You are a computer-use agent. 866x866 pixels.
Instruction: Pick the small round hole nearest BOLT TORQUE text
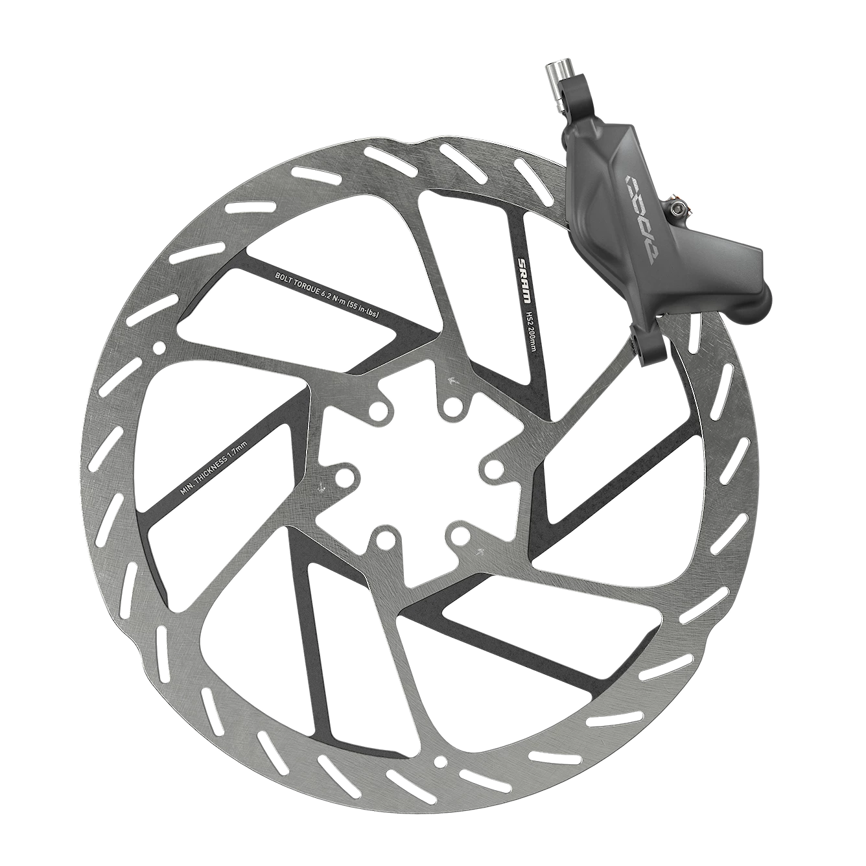click(x=158, y=349)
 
